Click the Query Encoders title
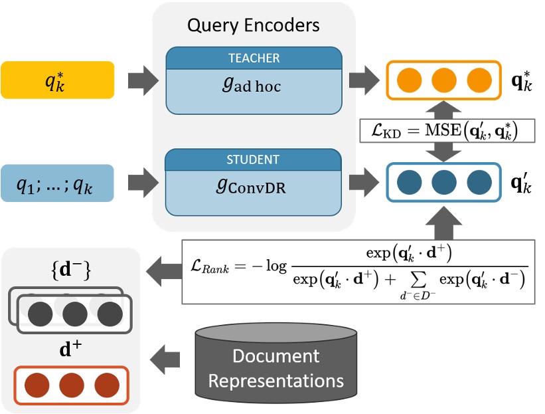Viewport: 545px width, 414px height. [x=253, y=25]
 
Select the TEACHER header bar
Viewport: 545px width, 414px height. [x=254, y=58]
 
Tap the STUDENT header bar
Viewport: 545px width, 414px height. [x=254, y=160]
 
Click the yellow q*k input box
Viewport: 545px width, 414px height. [x=57, y=81]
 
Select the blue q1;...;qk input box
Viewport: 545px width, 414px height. [x=57, y=182]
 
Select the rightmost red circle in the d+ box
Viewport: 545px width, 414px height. [x=106, y=385]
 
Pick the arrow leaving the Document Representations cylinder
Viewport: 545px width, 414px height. [x=165, y=362]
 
